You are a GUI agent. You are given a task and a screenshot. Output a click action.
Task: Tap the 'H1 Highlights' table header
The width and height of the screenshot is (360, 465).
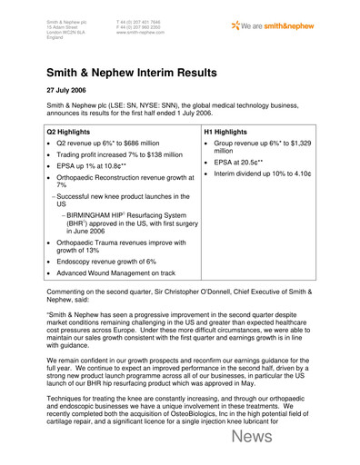click(231, 131)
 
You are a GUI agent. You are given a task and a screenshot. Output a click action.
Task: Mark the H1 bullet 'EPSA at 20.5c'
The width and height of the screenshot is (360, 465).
click(247, 161)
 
